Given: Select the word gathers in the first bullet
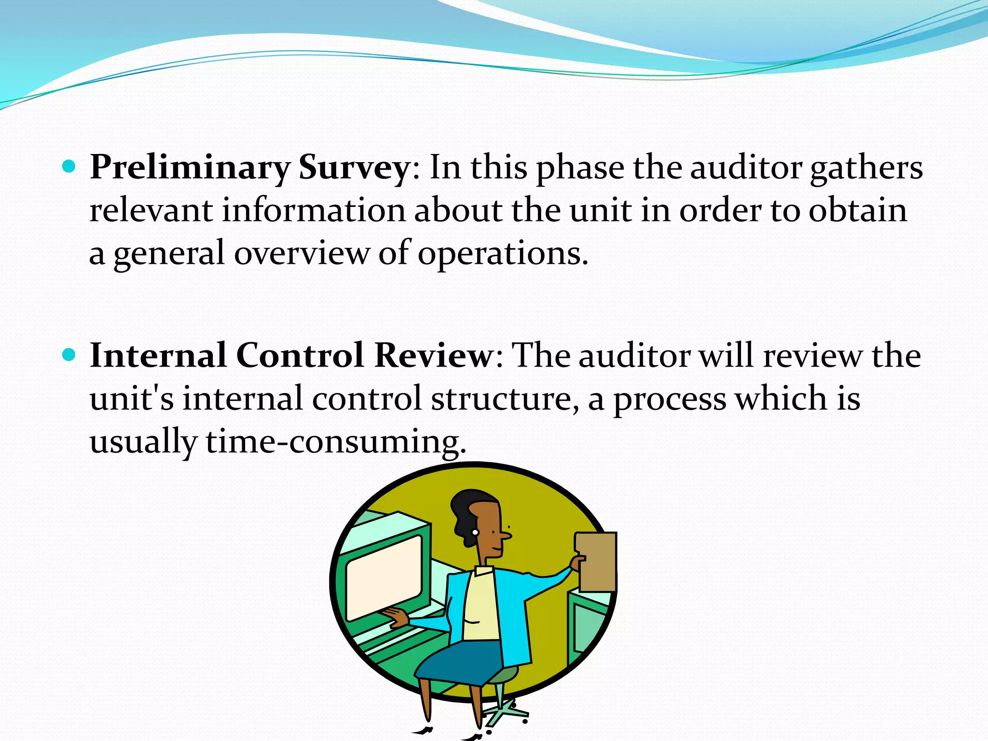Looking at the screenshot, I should [x=866, y=168].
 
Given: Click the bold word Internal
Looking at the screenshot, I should [x=158, y=356].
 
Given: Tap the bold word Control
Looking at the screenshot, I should [x=300, y=356].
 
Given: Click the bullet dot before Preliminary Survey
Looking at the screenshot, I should [x=69, y=167].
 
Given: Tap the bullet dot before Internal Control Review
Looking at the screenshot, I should [x=69, y=355].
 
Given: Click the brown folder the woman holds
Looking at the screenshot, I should [x=596, y=562].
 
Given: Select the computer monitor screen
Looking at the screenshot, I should [x=384, y=577].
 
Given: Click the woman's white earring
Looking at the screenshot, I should [x=475, y=533].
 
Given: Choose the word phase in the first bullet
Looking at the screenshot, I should [x=580, y=168].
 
